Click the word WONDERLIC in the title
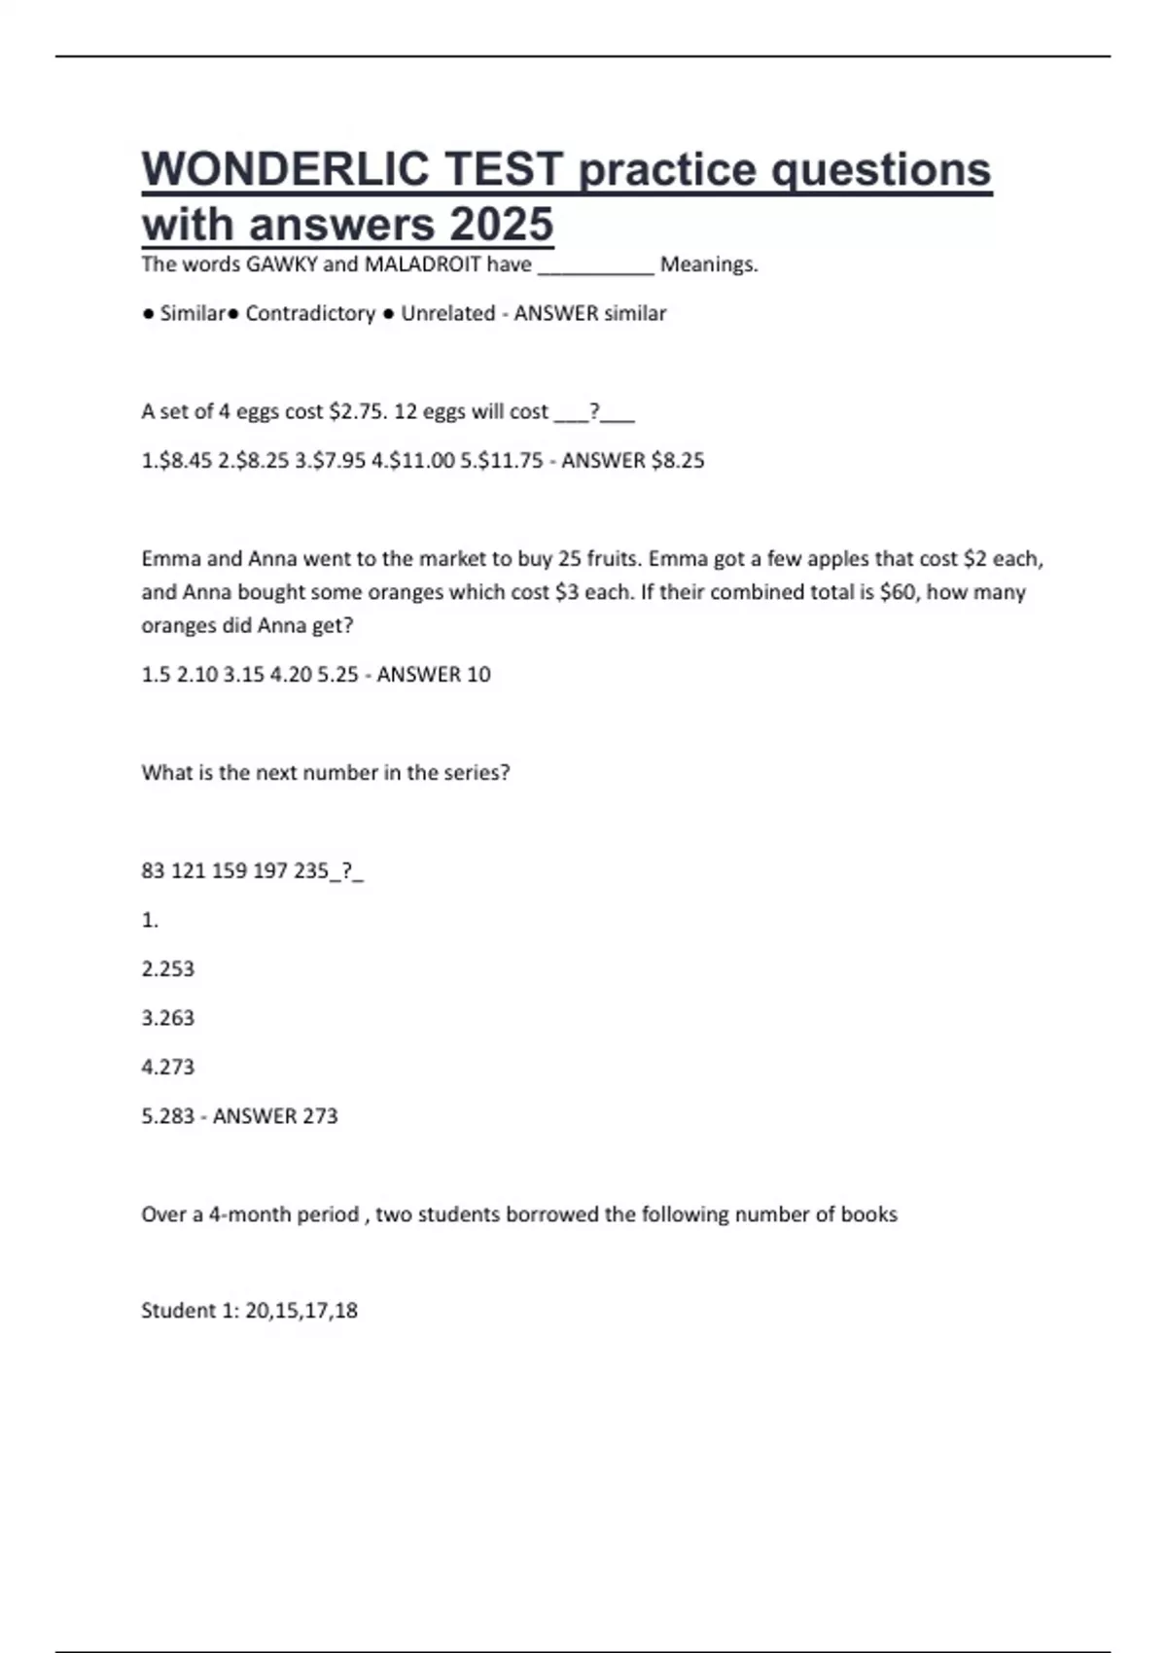tap(284, 169)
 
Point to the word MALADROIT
tap(422, 264)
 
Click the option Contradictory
tap(310, 314)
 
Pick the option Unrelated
tap(447, 314)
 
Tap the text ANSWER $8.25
tap(633, 461)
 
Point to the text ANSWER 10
tap(434, 675)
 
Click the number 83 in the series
tap(154, 871)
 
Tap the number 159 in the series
tap(230, 871)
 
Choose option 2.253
tap(168, 969)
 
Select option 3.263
tap(168, 1018)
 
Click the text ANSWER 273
tap(275, 1116)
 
